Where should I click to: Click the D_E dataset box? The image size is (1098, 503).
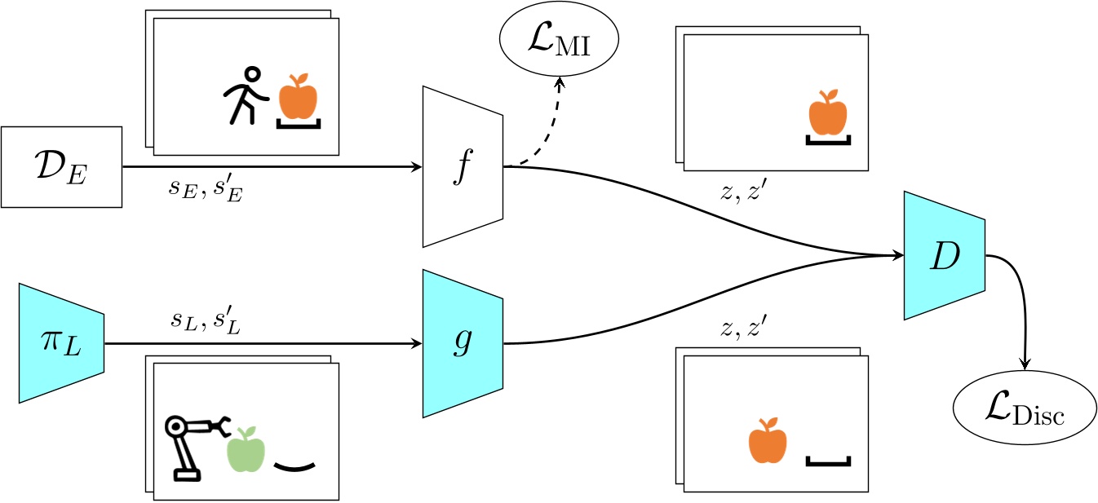coord(61,166)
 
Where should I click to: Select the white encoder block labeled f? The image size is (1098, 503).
coord(463,167)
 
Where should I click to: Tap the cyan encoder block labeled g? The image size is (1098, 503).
coord(463,344)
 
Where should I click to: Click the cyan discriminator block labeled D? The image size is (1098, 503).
coord(944,256)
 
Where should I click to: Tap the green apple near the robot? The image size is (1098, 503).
coord(246,449)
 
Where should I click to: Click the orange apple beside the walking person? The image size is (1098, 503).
coord(298,97)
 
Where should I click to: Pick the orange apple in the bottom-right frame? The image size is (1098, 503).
coord(768,441)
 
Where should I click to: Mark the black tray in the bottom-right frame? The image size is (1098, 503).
coord(828,462)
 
